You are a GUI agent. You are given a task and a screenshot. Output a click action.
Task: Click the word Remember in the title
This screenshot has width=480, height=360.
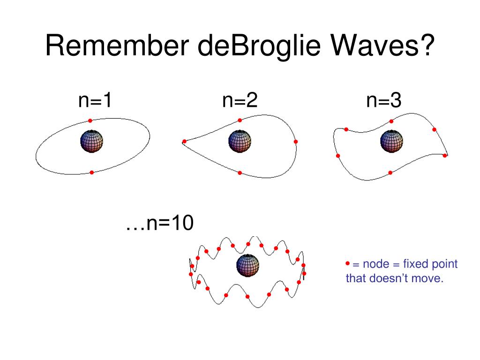117,45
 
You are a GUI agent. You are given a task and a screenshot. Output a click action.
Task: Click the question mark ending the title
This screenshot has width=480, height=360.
427,45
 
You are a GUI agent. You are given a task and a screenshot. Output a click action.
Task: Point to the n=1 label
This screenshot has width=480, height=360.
95,100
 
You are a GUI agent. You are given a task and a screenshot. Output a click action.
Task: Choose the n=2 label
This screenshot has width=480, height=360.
240,100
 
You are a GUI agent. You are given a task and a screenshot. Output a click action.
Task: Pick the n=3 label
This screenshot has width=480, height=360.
383,100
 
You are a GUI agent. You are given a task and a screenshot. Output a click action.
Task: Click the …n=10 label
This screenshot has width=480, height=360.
159,223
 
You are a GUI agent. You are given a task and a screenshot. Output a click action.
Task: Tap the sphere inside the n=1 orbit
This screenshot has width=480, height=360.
91,141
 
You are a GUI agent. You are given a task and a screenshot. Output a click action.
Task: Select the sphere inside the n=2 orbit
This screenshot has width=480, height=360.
240,141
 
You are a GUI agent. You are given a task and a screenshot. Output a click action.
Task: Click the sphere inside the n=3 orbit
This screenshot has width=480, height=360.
391,141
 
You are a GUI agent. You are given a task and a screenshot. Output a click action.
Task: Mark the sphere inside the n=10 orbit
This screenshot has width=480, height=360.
247,265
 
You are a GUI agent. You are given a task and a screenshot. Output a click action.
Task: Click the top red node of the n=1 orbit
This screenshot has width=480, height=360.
90,120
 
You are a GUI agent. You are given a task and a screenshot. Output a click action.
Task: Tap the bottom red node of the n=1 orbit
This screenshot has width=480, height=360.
91,172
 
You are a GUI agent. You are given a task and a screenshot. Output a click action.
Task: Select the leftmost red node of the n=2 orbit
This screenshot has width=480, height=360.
184,142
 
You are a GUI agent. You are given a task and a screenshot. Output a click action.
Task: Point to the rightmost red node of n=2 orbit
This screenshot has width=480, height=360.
295,142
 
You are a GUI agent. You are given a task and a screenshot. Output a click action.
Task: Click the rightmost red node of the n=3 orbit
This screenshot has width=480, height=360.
445,156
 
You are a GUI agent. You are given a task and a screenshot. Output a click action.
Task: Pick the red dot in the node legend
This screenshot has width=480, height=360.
347,263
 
